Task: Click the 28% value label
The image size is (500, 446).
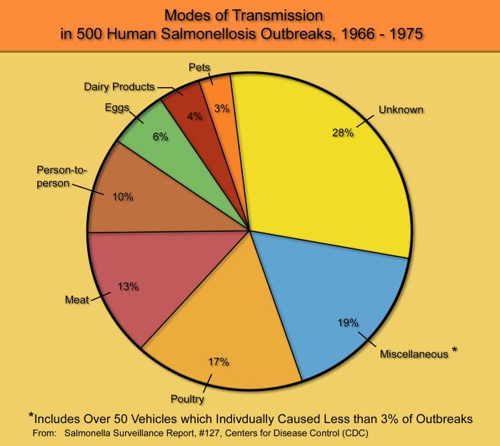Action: click(343, 133)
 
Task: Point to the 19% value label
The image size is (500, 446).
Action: click(349, 323)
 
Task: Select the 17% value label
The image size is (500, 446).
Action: click(219, 362)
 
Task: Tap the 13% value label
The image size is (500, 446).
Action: click(128, 286)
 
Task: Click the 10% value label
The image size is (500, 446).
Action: click(123, 197)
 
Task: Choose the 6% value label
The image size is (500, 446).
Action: click(161, 137)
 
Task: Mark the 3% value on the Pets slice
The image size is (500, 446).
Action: click(222, 108)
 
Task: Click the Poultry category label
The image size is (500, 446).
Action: click(187, 399)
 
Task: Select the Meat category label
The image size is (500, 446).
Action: click(77, 300)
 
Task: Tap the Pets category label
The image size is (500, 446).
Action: click(199, 67)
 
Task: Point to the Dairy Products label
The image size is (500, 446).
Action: click(119, 86)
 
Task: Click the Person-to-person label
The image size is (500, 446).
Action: click(61, 176)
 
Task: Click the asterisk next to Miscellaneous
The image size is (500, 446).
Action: click(455, 350)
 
